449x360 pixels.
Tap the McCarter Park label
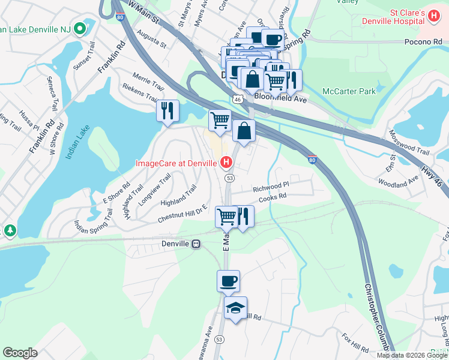pos(349,91)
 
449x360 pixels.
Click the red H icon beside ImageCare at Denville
pos(226,162)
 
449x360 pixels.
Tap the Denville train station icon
pos(196,244)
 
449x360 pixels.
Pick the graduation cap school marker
pos(235,308)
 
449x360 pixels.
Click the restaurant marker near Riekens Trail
pos(167,110)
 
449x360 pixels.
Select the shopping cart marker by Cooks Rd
pos(226,217)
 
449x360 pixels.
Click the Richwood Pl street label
pos(271,188)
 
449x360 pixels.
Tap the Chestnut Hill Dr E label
pos(182,214)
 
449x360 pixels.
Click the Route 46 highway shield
pos(238,98)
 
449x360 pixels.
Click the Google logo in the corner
pos(20,353)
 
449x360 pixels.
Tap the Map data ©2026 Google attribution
pos(412,355)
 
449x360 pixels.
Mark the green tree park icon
pos(10,230)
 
